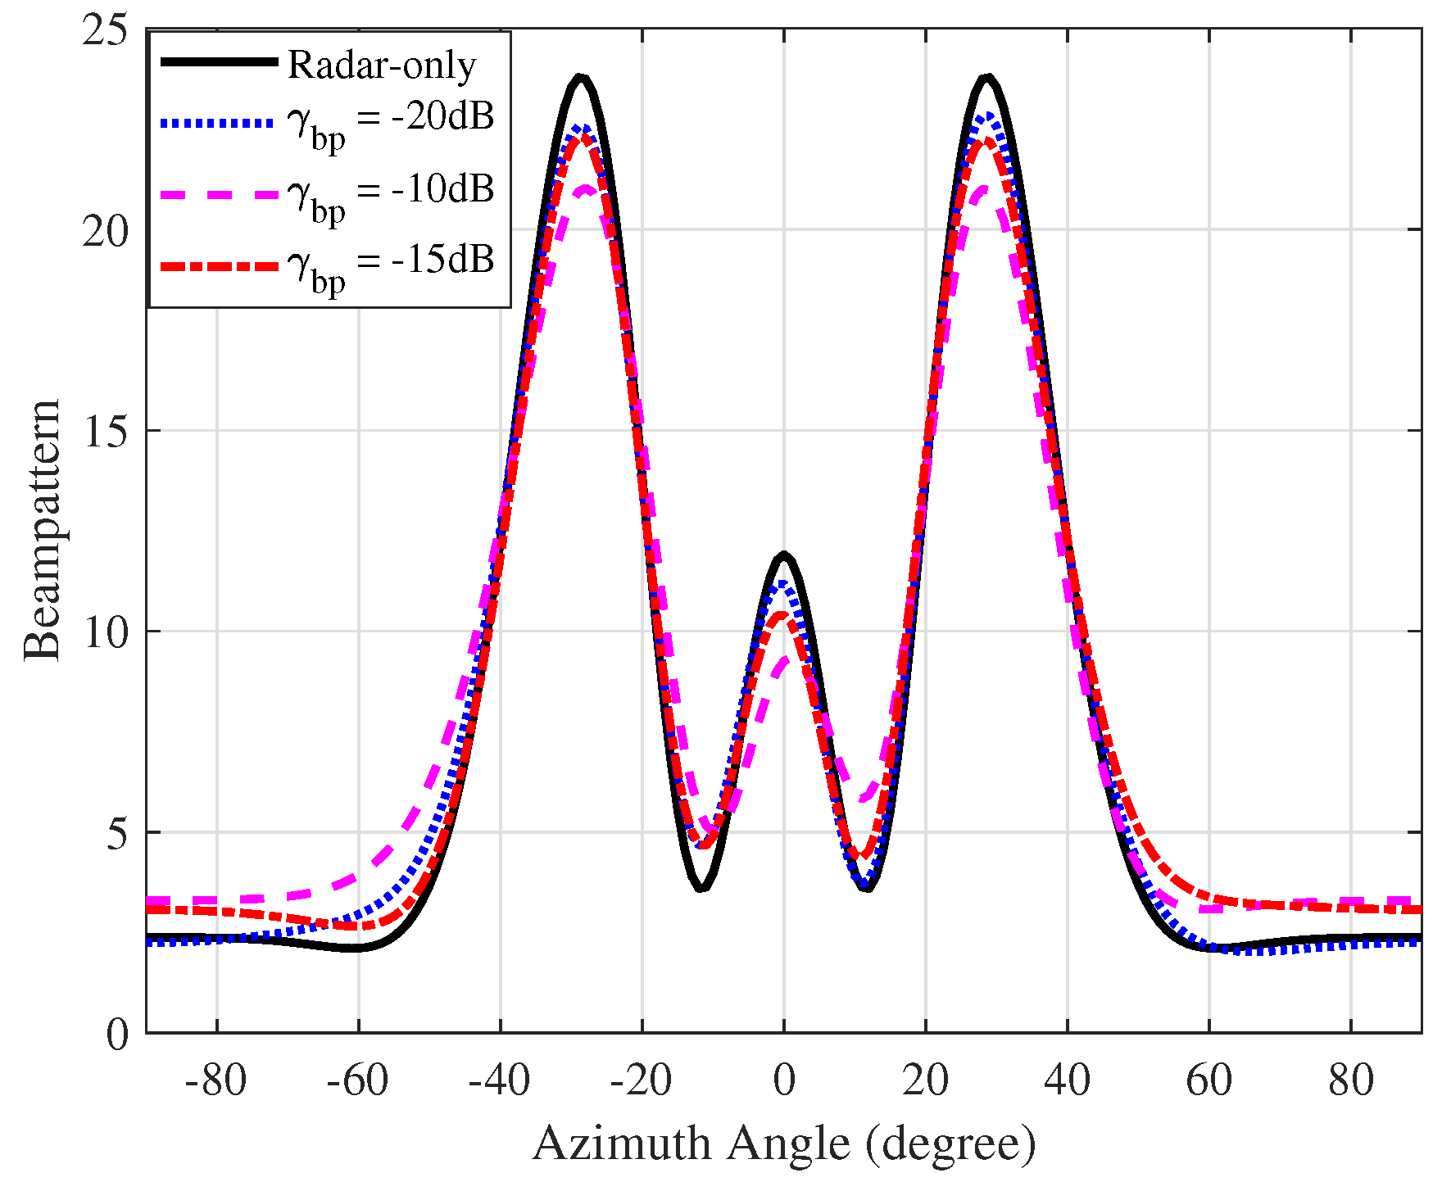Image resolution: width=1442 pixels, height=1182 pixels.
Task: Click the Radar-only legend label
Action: [x=382, y=65]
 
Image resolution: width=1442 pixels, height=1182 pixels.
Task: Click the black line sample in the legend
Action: [x=220, y=61]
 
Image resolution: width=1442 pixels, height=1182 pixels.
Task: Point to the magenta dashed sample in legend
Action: [x=220, y=194]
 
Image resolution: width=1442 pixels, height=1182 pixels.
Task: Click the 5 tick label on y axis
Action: [x=116, y=833]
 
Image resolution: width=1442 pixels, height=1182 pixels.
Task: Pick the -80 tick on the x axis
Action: [x=215, y=1080]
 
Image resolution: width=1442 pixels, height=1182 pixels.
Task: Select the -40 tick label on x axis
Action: [x=499, y=1080]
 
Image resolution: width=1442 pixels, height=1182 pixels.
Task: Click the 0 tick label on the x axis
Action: [x=784, y=1080]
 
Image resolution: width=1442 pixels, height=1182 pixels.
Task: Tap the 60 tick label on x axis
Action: [x=1209, y=1080]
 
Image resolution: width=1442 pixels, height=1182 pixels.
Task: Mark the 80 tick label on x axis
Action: [x=1351, y=1080]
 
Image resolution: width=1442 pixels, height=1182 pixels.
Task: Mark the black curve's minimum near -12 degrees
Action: [x=701, y=888]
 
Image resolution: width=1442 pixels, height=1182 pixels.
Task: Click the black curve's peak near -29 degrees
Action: [x=581, y=78]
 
